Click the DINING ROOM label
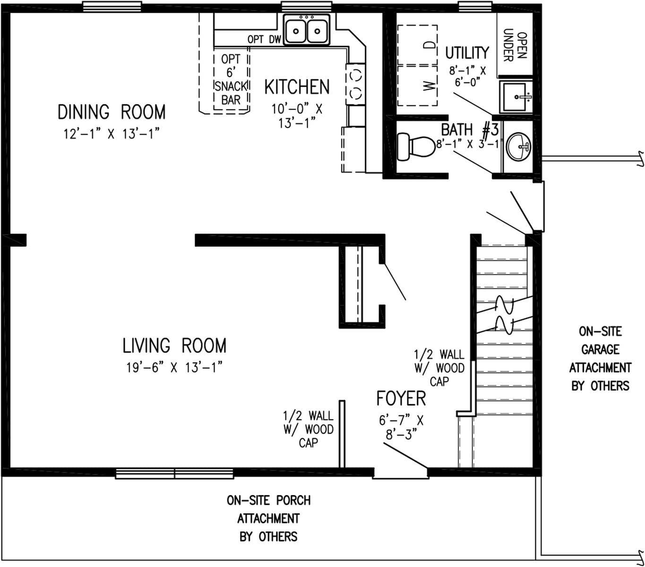click(x=112, y=112)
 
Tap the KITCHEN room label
click(x=297, y=87)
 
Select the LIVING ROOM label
click(x=174, y=345)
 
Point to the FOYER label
click(x=401, y=398)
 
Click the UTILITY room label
click(x=467, y=52)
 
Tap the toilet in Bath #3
click(x=414, y=146)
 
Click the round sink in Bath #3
click(x=518, y=146)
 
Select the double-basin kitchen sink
click(x=306, y=31)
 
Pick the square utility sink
click(x=516, y=97)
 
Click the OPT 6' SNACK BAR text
click(x=231, y=79)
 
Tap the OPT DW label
click(x=264, y=40)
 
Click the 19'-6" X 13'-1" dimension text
click(x=174, y=367)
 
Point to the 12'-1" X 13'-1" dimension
click(x=111, y=134)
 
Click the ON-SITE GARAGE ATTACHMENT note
click(x=600, y=359)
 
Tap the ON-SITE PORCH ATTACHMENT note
click(x=268, y=518)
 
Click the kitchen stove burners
click(x=355, y=83)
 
